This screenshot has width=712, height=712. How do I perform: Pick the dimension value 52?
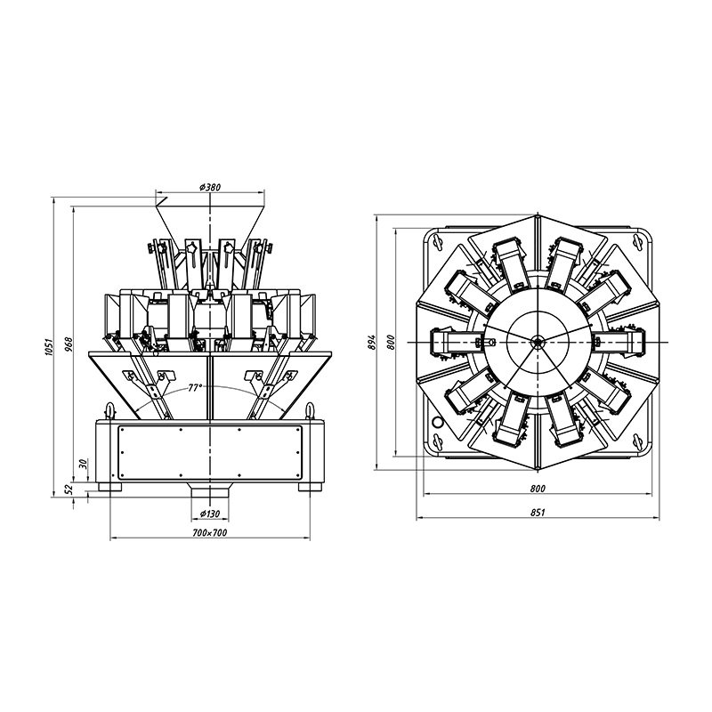pos(68,489)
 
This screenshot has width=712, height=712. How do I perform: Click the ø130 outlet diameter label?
pos(209,514)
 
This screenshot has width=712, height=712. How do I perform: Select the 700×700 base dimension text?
pos(209,532)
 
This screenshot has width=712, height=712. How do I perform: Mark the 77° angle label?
pos(196,388)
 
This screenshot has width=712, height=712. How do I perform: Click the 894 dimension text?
pos(372,343)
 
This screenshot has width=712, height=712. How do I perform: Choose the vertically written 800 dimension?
pos(390,343)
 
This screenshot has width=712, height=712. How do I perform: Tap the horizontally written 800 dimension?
pos(537,489)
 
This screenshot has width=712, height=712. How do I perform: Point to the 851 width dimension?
pos(537,512)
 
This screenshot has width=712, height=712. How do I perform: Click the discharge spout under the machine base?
pos(210,491)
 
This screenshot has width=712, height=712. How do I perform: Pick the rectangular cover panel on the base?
pos(210,451)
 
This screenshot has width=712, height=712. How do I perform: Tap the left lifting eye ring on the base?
pos(111,410)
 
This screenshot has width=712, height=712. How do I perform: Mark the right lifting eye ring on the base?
pos(311,410)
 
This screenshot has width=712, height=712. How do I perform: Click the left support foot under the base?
pos(111,487)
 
